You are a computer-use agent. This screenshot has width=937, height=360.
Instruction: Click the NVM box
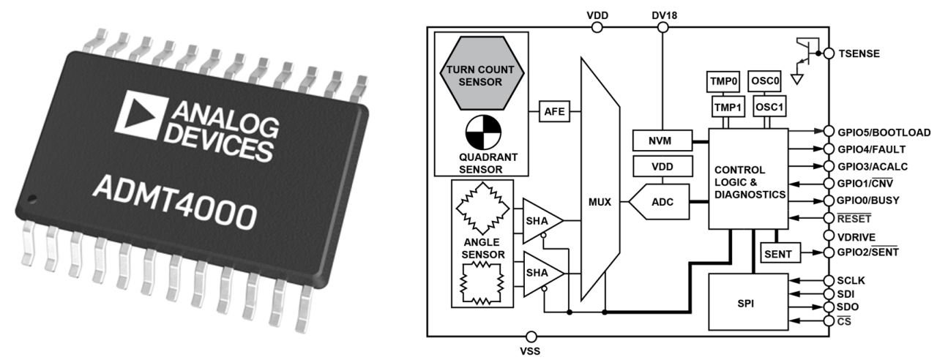[x=662, y=139]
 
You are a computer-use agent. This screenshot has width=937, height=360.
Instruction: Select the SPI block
[x=747, y=301]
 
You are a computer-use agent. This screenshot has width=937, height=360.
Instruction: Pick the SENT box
[x=777, y=252]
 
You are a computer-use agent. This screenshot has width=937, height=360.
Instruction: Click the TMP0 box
[x=724, y=80]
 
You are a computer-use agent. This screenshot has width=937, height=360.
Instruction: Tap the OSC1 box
[x=769, y=108]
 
